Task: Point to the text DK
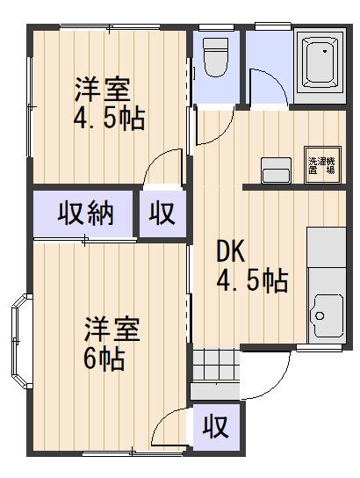230,252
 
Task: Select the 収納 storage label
86,214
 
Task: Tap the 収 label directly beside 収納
162,213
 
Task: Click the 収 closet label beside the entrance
216,427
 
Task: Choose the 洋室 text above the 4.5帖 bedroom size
102,89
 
